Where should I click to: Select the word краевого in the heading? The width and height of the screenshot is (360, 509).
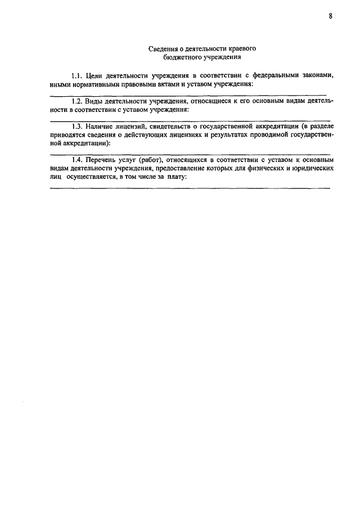pos(243,49)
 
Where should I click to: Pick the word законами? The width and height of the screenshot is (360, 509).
pos(322,75)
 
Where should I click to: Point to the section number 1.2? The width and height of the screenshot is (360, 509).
pos(76,101)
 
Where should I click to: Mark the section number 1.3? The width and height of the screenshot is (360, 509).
pos(76,127)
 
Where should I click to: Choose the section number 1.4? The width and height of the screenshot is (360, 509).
pos(76,160)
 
